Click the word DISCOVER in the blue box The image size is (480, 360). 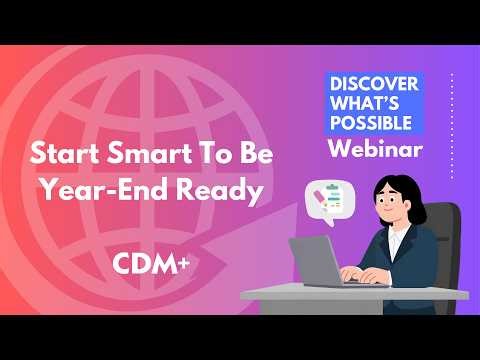375,83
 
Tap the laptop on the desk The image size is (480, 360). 323,262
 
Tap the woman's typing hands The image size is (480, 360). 375,275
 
